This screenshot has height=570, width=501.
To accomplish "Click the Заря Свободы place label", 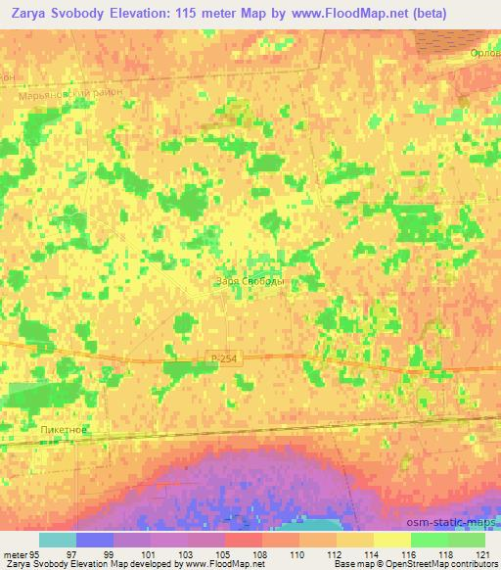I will [x=249, y=281].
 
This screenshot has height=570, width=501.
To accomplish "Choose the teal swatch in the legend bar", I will [x=58, y=540].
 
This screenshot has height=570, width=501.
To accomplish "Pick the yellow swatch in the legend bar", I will [x=391, y=540].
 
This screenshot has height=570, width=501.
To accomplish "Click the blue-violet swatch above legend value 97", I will [x=95, y=540].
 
